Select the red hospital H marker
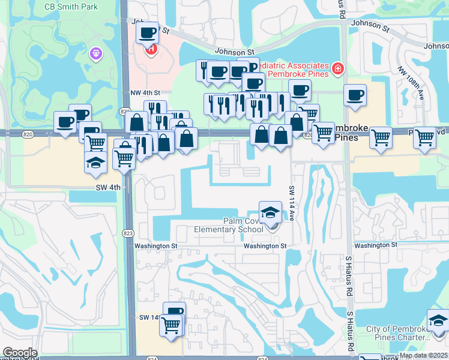click(151, 49)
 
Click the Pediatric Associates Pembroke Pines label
click(298, 69)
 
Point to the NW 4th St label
click(145, 93)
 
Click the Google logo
click(20, 353)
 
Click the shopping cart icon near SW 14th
click(171, 325)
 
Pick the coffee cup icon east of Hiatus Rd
click(355, 95)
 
